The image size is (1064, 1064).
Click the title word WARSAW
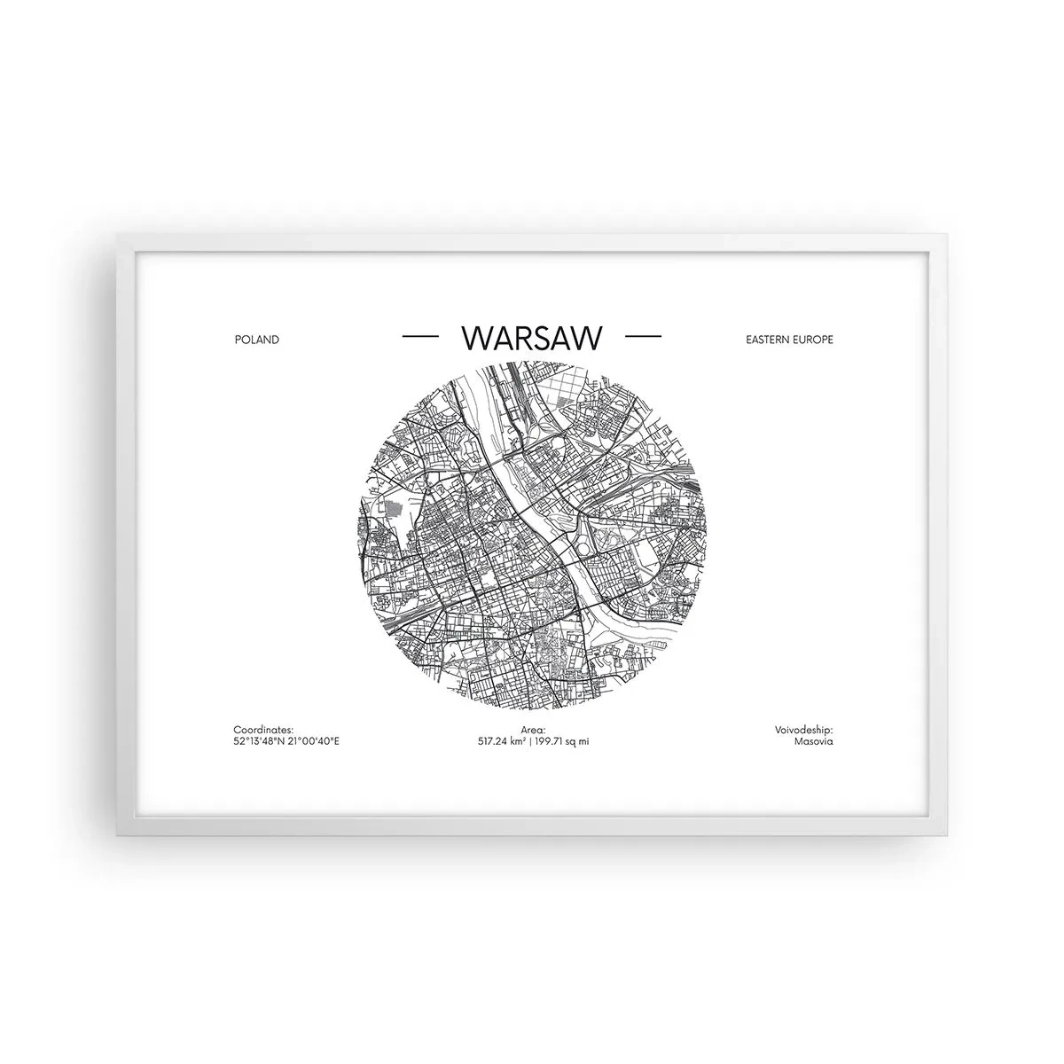532,339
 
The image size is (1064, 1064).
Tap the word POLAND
257,340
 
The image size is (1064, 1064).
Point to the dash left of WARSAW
420,338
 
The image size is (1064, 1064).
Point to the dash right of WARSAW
643,338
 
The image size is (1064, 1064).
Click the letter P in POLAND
238,340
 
